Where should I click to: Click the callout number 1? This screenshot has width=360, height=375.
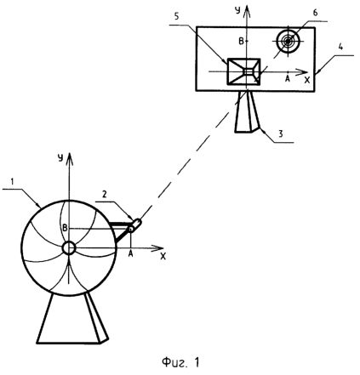click(x=12, y=182)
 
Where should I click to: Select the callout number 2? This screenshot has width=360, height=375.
click(x=105, y=194)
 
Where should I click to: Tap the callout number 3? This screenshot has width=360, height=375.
click(x=281, y=134)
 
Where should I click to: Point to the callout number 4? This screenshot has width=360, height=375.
click(x=340, y=47)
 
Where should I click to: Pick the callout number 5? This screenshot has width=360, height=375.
click(x=176, y=16)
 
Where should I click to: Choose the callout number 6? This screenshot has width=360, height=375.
click(x=315, y=13)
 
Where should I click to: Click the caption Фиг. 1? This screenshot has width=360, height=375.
click(x=180, y=362)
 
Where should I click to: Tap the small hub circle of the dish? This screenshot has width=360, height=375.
click(x=69, y=248)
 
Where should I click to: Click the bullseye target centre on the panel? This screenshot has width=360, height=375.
click(x=288, y=42)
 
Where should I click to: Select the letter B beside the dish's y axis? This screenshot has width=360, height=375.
click(x=65, y=228)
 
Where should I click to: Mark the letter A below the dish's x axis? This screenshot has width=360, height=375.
click(x=130, y=254)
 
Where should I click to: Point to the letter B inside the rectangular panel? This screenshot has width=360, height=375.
click(x=241, y=42)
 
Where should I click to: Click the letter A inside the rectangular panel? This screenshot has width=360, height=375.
click(x=288, y=79)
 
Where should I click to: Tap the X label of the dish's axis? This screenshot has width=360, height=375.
click(x=163, y=256)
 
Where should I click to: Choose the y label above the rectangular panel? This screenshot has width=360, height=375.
click(x=237, y=10)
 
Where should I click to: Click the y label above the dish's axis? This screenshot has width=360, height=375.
click(x=60, y=158)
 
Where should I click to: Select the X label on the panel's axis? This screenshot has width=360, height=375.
click(x=307, y=81)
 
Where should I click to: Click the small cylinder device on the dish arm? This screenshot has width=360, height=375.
click(x=135, y=225)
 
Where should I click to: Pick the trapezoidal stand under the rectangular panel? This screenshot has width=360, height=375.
click(x=247, y=111)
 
